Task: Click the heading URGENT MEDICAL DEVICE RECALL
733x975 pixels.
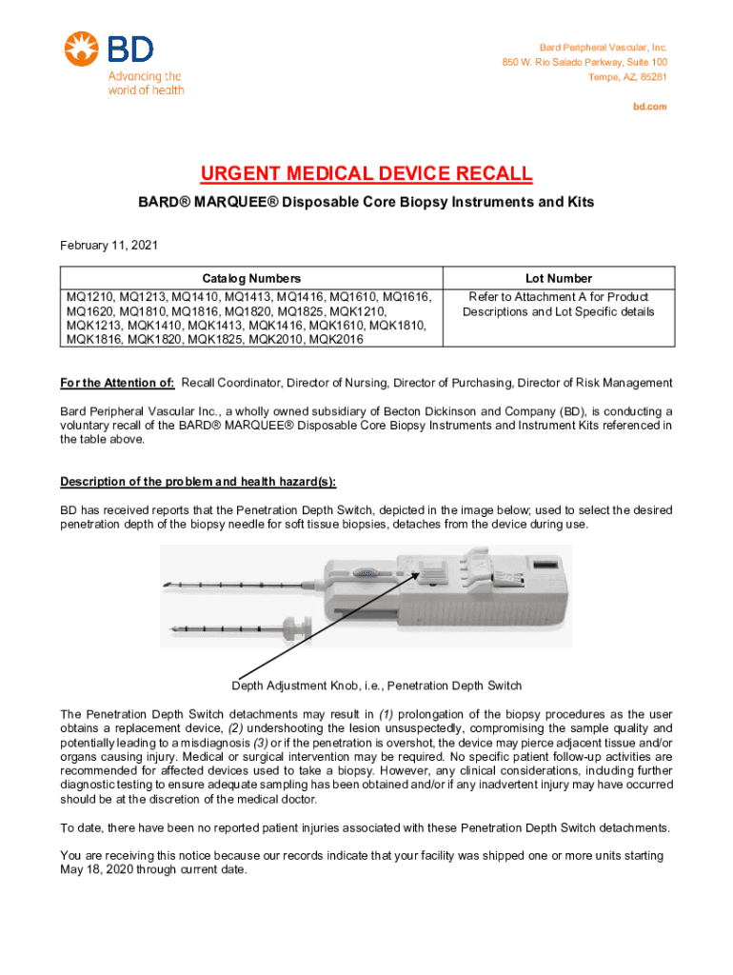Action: [x=366, y=174]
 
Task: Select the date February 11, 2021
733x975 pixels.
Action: [x=109, y=246]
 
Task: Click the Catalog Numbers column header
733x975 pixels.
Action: [x=249, y=278]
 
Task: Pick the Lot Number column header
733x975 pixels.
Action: [x=558, y=278]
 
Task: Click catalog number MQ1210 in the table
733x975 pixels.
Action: [x=88, y=296]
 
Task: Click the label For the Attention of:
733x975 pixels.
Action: [x=117, y=383]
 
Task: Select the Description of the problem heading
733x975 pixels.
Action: [x=197, y=480]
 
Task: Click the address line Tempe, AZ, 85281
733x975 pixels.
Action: [x=627, y=76]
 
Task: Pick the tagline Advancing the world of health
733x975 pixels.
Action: [x=145, y=83]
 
